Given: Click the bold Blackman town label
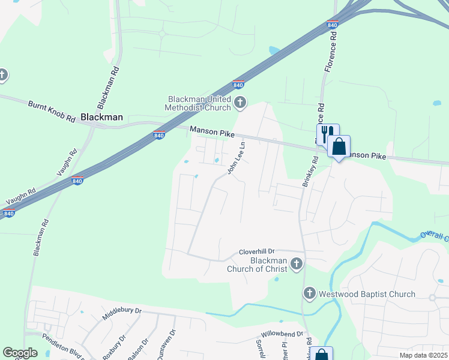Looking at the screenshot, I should pos(101,118).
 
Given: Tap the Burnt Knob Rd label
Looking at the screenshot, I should pos(51,111).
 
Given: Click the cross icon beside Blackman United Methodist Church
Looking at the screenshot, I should pos(240,103).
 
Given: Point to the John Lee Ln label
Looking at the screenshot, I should pos(237,158).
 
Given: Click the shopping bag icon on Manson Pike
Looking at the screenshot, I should pos(339,146).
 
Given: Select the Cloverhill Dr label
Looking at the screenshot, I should pos(256,251).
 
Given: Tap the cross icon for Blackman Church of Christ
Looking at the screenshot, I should pos(295,263).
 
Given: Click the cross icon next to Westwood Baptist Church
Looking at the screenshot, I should pos(309,293).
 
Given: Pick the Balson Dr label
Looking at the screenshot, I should pos(140,349).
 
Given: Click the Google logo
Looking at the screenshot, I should pos(20,353).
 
